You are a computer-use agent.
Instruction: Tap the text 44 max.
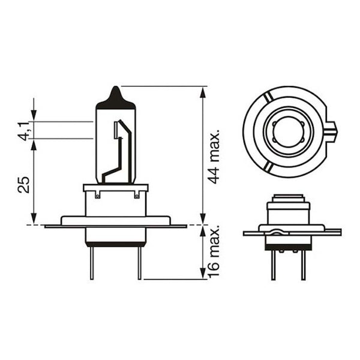(x=215, y=155)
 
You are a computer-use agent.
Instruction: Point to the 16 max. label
(x=215, y=252)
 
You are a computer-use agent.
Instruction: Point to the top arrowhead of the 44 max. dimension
(x=203, y=91)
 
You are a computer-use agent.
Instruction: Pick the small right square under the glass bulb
(x=137, y=194)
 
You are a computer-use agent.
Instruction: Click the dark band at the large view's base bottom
(x=116, y=243)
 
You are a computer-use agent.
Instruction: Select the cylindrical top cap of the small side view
(x=288, y=199)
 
